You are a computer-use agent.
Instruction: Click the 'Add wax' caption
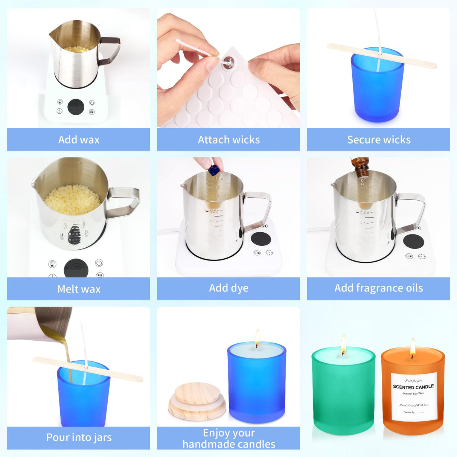[x=79, y=140]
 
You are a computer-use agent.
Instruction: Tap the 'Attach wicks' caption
[x=228, y=140]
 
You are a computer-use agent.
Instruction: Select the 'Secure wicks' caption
[x=378, y=140]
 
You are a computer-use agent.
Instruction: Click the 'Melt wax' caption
[x=79, y=289]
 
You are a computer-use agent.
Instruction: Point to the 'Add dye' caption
[x=228, y=288]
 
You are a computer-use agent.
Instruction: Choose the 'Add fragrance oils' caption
[x=378, y=288]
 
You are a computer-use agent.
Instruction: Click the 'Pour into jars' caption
[x=79, y=437]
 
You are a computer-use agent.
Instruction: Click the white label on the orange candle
[x=414, y=397]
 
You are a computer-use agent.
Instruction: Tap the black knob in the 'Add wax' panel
[x=76, y=107]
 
